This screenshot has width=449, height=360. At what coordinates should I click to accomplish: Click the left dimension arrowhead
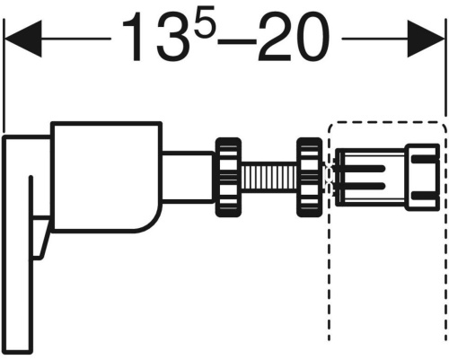click(x=23, y=39)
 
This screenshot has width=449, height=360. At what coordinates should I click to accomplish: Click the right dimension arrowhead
click(x=426, y=39)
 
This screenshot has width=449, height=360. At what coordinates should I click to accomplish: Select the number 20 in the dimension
click(x=295, y=39)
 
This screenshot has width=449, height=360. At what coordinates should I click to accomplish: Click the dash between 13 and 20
click(x=237, y=41)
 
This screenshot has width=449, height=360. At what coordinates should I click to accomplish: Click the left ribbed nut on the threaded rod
click(x=228, y=178)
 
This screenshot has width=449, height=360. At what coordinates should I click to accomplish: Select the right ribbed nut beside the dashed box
click(x=309, y=178)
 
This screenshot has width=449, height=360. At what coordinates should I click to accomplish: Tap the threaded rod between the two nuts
click(x=269, y=178)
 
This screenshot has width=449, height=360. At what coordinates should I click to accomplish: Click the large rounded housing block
click(x=106, y=177)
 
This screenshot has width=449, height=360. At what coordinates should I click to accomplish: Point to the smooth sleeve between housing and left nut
click(x=189, y=176)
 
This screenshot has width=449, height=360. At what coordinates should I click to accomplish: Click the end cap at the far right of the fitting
click(x=423, y=177)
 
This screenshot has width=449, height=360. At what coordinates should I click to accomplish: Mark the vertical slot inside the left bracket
click(x=31, y=217)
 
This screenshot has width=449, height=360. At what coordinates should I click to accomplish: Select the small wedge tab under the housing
click(x=40, y=238)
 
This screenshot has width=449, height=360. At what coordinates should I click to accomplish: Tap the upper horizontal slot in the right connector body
click(x=365, y=168)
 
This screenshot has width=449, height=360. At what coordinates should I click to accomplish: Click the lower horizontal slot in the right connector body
click(x=365, y=187)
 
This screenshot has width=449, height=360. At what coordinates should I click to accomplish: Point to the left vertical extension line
click(x=4, y=75)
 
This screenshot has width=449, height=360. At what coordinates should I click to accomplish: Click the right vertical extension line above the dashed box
click(x=445, y=67)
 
